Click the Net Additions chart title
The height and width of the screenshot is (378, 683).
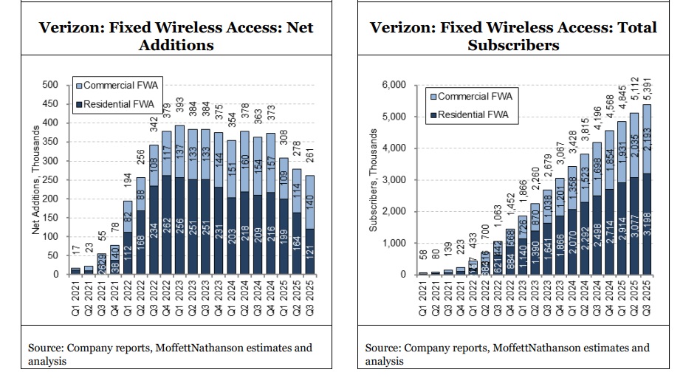click(176, 36)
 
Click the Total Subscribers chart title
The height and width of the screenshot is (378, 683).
click(512, 36)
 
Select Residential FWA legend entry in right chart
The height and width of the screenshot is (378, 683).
click(471, 114)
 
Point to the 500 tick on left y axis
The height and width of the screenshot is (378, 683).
click(50, 85)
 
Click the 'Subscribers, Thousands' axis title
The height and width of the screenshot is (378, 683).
click(374, 180)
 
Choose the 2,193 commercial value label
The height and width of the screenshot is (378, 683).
click(648, 140)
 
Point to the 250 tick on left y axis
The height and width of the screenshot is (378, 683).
click(50, 179)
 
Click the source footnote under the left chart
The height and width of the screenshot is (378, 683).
click(170, 354)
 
